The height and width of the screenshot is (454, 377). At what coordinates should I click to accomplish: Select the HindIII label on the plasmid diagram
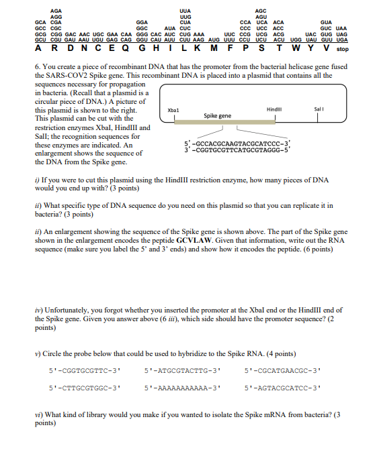tap(274, 109)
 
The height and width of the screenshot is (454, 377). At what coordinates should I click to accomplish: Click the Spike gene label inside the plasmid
tap(217, 116)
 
